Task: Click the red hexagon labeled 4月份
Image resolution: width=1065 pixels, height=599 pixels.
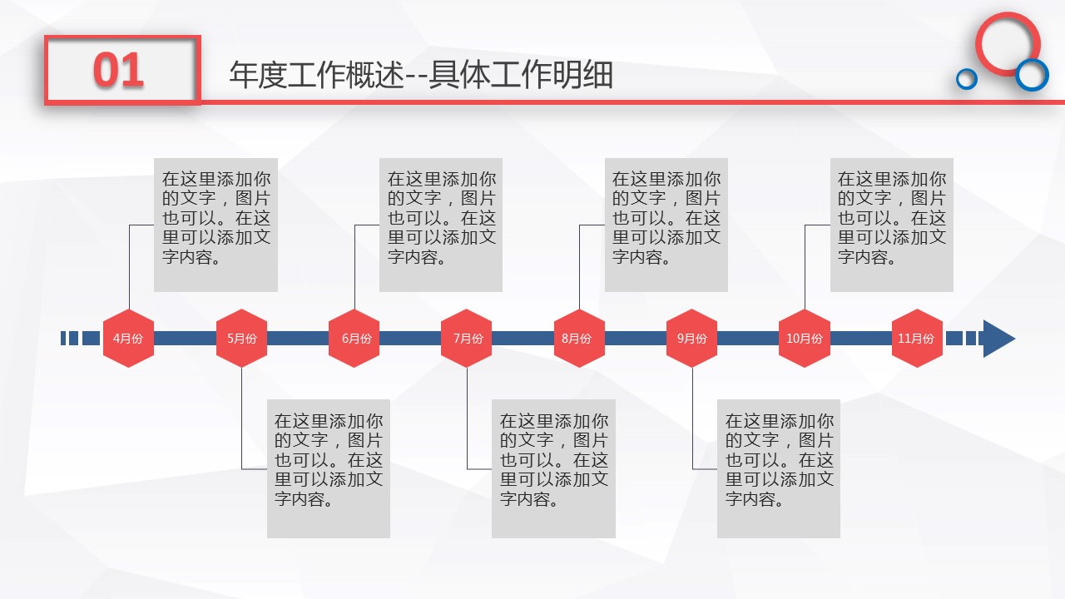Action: point(128,338)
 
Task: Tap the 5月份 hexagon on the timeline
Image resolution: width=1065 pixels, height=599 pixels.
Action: point(241,338)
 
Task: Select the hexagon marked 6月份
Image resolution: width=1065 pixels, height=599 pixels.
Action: point(354,338)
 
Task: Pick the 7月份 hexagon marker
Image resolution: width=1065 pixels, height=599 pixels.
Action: point(467,338)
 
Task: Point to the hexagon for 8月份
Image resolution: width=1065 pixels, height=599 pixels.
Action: point(579,338)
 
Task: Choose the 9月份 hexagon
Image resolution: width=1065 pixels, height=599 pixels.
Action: point(692,338)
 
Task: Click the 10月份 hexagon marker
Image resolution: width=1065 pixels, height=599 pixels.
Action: point(805,338)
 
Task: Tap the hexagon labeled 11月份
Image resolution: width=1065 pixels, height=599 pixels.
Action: point(917,338)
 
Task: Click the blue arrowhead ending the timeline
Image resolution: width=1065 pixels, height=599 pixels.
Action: point(998,339)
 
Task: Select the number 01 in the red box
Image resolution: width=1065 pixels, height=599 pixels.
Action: point(119,71)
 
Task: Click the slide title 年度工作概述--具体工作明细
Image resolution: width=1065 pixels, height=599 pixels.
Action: point(421,75)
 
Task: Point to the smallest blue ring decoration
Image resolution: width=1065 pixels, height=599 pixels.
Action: point(966,79)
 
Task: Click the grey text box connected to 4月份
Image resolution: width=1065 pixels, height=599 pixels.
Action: point(215,225)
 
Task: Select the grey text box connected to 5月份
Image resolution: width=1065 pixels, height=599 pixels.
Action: point(329,468)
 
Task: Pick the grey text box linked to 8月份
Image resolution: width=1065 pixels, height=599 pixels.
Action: point(666,225)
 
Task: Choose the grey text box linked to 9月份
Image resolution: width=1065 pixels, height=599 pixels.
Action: point(779,468)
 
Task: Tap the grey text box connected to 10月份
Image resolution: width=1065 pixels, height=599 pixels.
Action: point(892,225)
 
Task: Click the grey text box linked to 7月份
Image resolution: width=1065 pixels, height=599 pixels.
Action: point(553,468)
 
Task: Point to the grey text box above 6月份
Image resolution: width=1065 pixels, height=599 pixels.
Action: point(441,225)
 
